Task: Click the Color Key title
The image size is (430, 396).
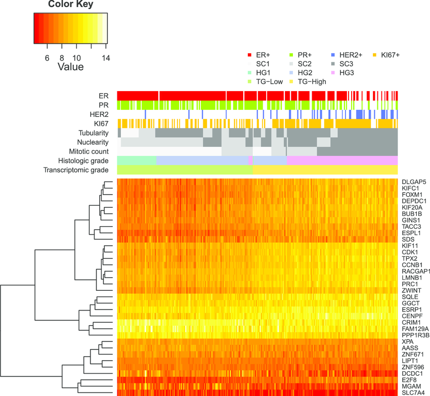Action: point(70,5)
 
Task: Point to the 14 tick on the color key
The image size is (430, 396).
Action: point(106,58)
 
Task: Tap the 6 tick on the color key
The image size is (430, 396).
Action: point(47,58)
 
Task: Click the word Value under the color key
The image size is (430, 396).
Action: point(70,67)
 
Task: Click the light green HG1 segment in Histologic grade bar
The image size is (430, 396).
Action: point(137,160)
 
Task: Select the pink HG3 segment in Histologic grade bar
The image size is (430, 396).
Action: point(342,160)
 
